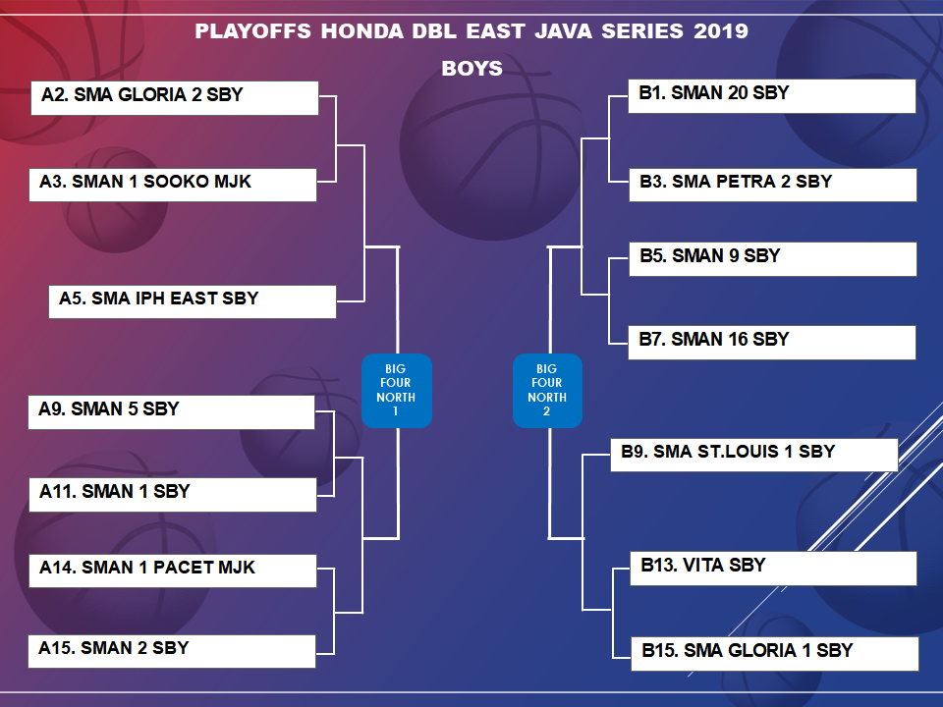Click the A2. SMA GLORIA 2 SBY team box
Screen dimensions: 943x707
click(175, 98)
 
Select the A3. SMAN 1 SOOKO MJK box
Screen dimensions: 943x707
click(173, 185)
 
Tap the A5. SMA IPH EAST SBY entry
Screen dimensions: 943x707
click(193, 301)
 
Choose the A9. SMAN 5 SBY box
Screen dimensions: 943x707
click(171, 411)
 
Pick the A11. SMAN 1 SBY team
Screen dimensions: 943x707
click(173, 495)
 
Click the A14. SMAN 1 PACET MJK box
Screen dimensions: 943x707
click(173, 571)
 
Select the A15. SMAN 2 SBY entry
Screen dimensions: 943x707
click(172, 651)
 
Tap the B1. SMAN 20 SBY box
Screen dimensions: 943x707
click(772, 96)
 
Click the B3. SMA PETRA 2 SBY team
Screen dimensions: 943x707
click(773, 185)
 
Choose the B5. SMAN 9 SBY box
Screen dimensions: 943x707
click(773, 259)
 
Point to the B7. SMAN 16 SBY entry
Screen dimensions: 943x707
click(772, 343)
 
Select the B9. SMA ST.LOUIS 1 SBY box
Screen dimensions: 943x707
click(754, 455)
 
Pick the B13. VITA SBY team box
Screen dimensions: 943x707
click(773, 569)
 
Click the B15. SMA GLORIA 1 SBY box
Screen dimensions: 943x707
click(775, 654)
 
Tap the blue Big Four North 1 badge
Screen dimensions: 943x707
click(396, 391)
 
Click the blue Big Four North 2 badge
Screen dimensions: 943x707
click(547, 391)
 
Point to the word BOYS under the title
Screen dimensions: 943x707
click(472, 69)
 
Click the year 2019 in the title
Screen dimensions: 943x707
click(720, 31)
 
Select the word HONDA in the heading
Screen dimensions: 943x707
click(362, 31)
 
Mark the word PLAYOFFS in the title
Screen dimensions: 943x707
click(252, 31)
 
